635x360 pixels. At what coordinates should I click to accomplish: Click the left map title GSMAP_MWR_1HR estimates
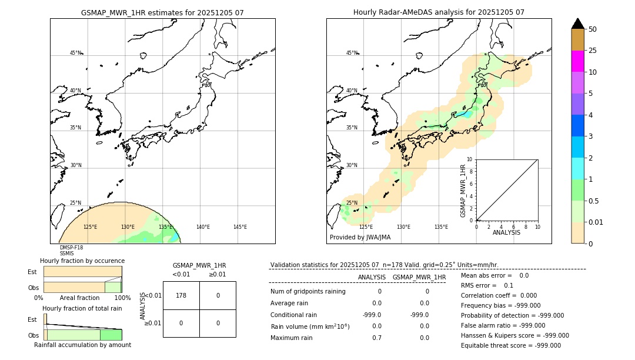[x=162, y=12]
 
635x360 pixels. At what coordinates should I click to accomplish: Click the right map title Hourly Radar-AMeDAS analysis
[x=439, y=12]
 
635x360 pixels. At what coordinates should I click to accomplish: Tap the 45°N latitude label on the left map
[x=76, y=53]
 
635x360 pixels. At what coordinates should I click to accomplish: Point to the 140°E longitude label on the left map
[x=203, y=227]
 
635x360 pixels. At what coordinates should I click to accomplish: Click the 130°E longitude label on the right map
[x=403, y=227]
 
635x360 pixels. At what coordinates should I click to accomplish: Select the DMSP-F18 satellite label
[x=71, y=248]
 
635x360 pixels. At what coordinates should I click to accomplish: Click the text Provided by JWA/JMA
[x=360, y=237]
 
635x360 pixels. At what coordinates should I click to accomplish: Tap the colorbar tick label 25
[x=593, y=51]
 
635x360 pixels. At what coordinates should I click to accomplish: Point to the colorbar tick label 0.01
[x=597, y=222]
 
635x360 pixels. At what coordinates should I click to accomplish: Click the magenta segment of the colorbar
[x=578, y=61]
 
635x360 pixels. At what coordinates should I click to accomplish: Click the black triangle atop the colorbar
[x=578, y=24]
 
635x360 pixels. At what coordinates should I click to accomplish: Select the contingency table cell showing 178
[x=181, y=295]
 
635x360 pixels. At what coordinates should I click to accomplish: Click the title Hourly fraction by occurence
[x=82, y=261]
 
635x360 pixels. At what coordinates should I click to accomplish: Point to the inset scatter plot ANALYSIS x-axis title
[x=506, y=232]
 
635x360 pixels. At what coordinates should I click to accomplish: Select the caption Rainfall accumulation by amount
[x=82, y=345]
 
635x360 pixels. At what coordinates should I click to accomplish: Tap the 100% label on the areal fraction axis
[x=122, y=298]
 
